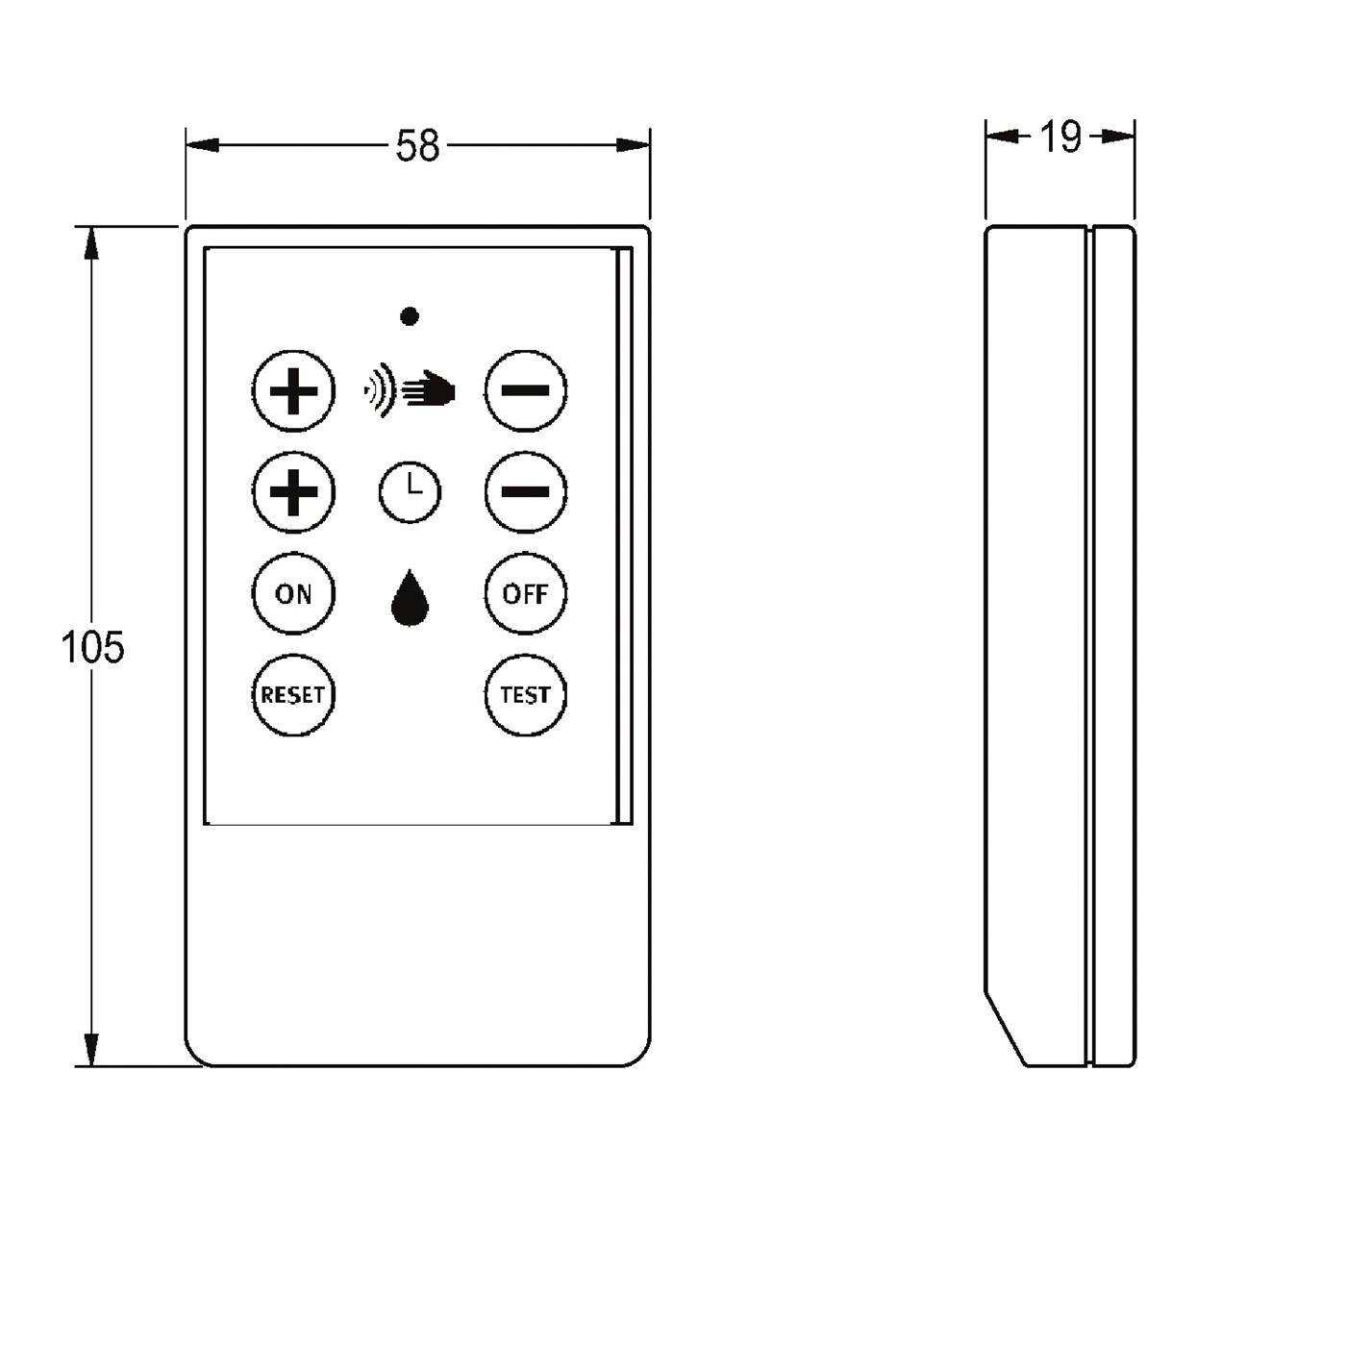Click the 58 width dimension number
point(417,147)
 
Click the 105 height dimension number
point(93,647)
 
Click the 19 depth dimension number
point(1060,137)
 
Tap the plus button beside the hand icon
point(293,391)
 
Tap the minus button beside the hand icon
point(525,391)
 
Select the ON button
point(293,594)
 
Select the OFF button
point(525,594)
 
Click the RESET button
point(293,695)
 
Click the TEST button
point(525,695)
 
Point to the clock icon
point(410,491)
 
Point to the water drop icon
point(410,598)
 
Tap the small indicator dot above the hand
point(410,316)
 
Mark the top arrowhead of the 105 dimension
point(91,243)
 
